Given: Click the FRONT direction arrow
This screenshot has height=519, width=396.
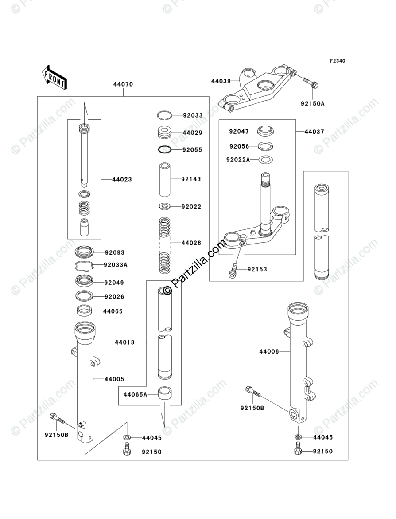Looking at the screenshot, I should pos(54,76).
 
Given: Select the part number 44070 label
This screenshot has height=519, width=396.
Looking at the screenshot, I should pos(123,84).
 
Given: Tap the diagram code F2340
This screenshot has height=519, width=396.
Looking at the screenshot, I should pos(337,61).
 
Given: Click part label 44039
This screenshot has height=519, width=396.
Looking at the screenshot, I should pos(221,81).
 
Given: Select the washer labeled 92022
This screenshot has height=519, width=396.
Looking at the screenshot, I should pos(165,207).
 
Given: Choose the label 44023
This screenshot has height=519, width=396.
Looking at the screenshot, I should pos(122,180).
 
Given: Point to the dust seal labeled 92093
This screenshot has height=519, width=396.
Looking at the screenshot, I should pos(84,252).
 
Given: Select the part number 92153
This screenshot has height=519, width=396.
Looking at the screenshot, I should pos(257,269).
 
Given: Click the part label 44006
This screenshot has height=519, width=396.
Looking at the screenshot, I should pos(269,352).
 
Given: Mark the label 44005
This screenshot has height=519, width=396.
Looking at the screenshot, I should pos(114,379).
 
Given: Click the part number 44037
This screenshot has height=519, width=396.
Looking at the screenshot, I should pos(314,132).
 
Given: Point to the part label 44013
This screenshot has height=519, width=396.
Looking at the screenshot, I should pos(124,342).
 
